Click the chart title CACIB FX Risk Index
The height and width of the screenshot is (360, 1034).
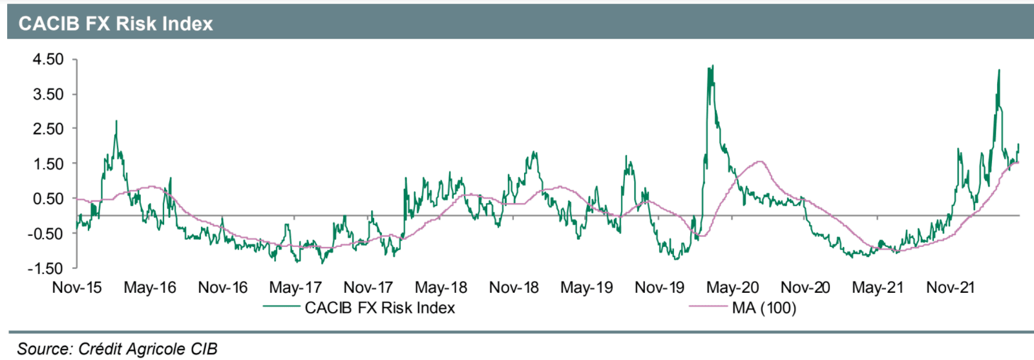tap(116, 24)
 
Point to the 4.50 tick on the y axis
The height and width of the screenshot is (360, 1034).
tap(48, 59)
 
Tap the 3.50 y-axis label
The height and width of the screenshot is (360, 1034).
tap(48, 94)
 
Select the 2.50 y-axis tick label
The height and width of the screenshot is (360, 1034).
tap(48, 129)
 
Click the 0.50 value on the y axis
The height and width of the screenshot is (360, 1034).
tap(48, 198)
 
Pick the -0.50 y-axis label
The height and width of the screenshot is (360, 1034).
tap(45, 233)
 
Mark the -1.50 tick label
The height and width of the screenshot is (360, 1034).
tap(45, 268)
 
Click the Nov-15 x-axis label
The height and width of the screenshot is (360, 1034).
tap(77, 288)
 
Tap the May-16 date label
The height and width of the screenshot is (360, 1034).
tap(150, 288)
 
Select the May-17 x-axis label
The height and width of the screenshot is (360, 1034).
tap(295, 288)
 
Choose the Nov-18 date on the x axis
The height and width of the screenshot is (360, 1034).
tap(514, 288)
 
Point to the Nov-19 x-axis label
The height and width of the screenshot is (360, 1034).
tap(659, 288)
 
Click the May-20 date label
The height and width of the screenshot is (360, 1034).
tap(732, 288)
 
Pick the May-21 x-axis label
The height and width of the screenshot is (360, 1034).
tap(878, 288)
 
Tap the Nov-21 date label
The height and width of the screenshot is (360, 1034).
tap(950, 288)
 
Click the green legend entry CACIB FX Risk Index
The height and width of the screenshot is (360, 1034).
tap(379, 308)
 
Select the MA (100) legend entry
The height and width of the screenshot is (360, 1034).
tap(764, 308)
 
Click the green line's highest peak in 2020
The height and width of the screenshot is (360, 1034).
tap(712, 65)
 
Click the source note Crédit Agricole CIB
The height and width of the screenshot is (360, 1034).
tap(118, 349)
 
